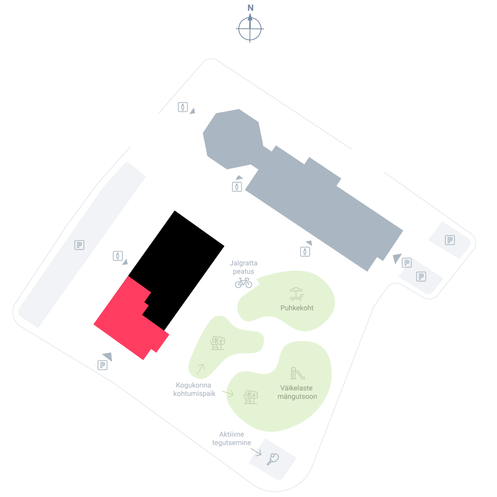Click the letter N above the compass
(250, 8)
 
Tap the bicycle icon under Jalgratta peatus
(243, 283)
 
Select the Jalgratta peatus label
(243, 267)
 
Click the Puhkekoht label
(297, 308)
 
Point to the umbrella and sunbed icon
(297, 294)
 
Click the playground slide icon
(297, 373)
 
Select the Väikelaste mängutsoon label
(297, 392)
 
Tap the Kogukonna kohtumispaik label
(194, 389)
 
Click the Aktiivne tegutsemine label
(231, 438)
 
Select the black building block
(178, 263)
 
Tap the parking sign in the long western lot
(79, 245)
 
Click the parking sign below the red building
(102, 365)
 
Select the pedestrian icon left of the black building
(118, 256)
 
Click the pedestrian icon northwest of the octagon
(183, 107)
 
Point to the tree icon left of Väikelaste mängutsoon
(251, 397)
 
